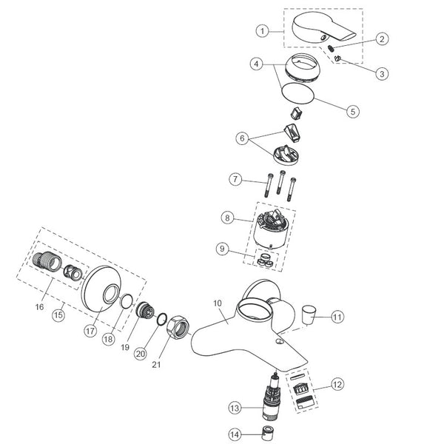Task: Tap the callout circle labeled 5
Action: [x=352, y=111]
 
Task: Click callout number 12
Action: [x=337, y=385]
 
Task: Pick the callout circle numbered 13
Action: [x=235, y=408]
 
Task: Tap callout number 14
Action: [x=235, y=434]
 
